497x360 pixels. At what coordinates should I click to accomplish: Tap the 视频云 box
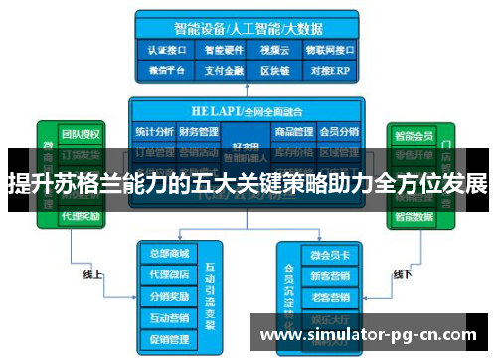point(273,48)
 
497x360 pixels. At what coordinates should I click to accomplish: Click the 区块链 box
point(273,70)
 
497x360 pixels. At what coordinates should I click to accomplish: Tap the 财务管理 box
point(199,131)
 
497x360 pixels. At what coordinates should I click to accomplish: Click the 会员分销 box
point(338,131)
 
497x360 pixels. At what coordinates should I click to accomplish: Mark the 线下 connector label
point(403,273)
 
